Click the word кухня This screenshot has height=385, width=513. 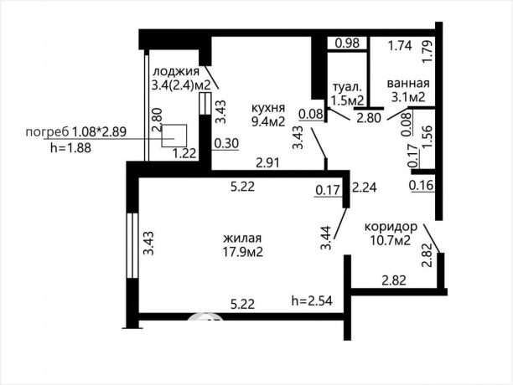268,108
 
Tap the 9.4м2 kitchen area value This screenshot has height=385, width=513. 268,121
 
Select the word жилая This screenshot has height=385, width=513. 242,239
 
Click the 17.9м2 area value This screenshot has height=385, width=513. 243,252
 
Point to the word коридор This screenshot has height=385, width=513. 391,228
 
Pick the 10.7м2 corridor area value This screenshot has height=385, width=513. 391,241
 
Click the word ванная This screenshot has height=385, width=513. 408,83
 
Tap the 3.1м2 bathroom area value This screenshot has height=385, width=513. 408,96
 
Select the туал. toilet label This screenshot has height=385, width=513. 347,88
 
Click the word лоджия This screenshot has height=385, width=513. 176,72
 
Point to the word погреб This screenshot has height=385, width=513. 47,132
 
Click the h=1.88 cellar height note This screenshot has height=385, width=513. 70,148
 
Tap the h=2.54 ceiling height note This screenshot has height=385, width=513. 312,300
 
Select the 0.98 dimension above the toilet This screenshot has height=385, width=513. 348,44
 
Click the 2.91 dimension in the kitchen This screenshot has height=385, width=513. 268,162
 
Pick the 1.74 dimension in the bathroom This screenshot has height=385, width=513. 400,46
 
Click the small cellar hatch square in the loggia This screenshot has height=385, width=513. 174,136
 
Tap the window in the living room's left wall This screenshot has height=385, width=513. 132,245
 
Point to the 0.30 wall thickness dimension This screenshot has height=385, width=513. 226,143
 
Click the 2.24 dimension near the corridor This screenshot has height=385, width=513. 365,187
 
